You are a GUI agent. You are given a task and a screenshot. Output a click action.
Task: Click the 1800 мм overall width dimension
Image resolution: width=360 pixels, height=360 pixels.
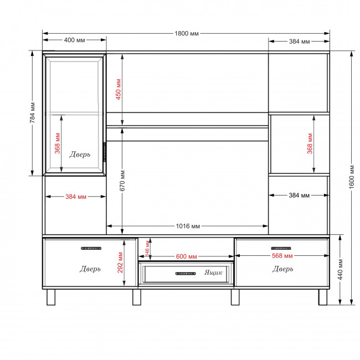pos(187,34)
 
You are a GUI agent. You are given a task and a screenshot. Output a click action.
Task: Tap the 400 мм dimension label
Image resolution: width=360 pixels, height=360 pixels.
pos(74,40)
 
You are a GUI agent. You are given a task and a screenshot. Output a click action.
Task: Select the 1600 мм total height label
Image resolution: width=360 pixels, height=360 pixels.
pos(352,177)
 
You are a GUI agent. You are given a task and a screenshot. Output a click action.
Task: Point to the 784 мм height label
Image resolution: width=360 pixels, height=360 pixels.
pos(32,112)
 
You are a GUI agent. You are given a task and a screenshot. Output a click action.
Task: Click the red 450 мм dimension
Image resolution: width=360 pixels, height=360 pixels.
pos(118,89)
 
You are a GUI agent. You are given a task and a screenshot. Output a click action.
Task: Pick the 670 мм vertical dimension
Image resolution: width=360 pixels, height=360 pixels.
pos(122,181)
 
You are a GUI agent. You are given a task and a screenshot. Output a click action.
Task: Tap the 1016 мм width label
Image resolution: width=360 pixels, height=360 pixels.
pos(188,226)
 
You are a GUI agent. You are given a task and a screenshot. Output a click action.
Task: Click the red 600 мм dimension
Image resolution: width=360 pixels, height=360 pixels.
pos(186,256)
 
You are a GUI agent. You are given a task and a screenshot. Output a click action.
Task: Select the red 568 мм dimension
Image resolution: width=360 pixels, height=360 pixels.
pos(282,256)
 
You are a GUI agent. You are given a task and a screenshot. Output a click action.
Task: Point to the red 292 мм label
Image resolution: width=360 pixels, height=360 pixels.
pos(120,263)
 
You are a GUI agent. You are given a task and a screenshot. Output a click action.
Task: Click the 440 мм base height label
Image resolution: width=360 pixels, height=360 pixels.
pos(340,270)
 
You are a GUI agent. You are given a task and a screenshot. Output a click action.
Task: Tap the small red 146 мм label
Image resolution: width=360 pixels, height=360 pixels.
pos(147,248)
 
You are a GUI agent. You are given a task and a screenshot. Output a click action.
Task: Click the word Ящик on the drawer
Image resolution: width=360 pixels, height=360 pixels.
pos(213,272)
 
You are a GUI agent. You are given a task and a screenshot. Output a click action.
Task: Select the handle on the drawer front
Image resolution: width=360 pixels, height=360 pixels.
pos(186,274)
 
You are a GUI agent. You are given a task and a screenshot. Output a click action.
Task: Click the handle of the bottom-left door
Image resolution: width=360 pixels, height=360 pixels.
pos(91,248)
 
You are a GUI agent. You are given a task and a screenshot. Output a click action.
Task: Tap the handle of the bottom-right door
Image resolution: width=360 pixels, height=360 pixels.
pos(281,248)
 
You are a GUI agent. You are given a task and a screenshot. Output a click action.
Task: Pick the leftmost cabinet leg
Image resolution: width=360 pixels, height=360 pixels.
pos(51,297)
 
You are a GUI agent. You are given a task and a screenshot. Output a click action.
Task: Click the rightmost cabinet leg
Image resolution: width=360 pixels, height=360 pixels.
pos(323,297)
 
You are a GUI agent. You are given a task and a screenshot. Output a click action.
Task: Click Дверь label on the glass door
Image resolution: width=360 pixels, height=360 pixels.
pos(80,155)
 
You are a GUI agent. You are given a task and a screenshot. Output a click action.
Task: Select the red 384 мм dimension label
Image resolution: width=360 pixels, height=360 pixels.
pos(76,197)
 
